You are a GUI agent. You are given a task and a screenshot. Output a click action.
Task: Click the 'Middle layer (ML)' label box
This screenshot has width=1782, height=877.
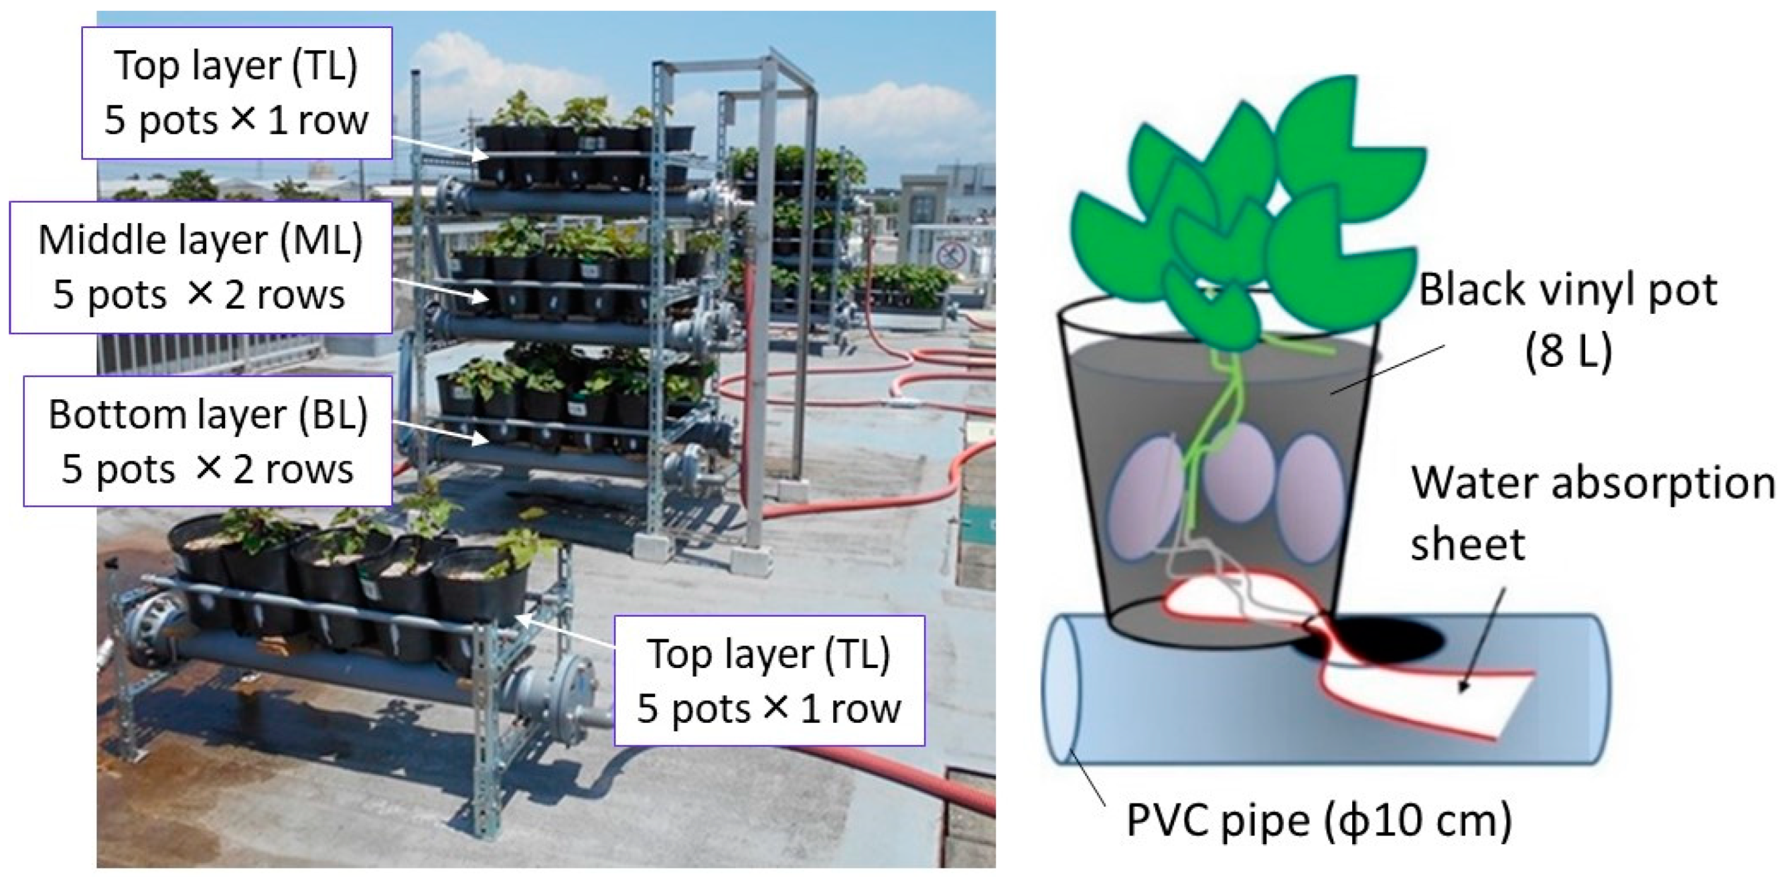tap(201, 268)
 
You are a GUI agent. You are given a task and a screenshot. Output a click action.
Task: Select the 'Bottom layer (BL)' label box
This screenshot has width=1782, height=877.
tap(208, 441)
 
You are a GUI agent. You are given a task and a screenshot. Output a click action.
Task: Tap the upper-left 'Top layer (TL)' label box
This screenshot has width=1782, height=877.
tap(236, 92)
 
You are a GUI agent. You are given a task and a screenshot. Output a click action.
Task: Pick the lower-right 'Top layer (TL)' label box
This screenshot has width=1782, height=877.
tap(769, 682)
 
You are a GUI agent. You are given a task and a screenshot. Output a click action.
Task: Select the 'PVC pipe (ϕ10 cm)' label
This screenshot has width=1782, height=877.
tap(1319, 820)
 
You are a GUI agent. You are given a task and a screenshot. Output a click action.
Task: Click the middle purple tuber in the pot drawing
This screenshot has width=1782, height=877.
tap(1240, 471)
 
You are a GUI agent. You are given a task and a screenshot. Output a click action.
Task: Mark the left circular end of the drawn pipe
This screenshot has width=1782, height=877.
tap(1065, 688)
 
